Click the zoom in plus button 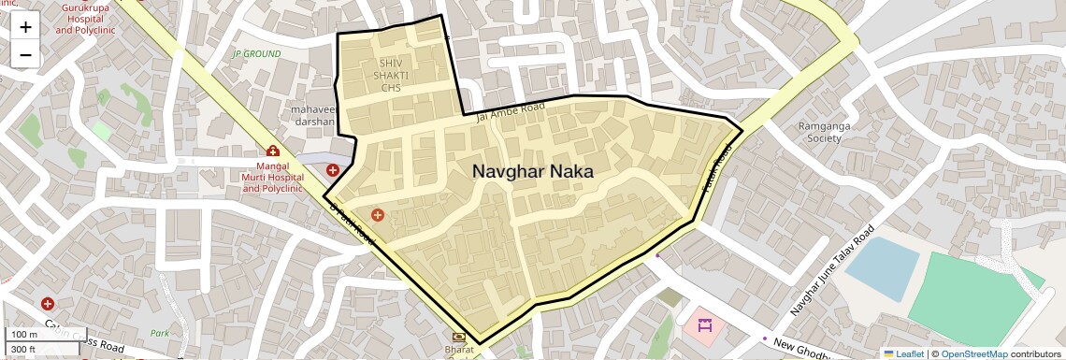[x=25, y=27]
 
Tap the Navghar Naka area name [x=532, y=172]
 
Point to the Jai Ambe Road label [x=510, y=113]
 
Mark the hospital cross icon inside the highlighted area [x=378, y=216]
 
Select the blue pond [x=881, y=268]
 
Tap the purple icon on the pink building [x=704, y=325]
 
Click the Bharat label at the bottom [x=459, y=349]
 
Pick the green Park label [x=160, y=333]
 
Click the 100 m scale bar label [x=24, y=335]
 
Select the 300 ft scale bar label [x=23, y=350]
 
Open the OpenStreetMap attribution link [x=973, y=354]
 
